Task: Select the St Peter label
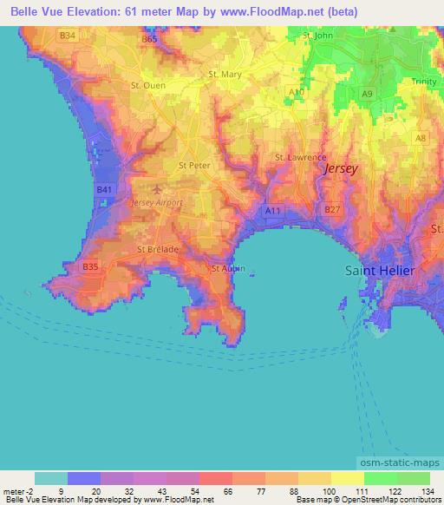194,164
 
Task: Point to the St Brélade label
157,249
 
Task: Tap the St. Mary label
225,74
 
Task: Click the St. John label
318,36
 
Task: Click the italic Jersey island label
340,169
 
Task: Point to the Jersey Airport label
154,202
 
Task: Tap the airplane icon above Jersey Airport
156,188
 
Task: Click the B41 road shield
104,189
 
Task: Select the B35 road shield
90,268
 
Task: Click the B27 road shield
330,209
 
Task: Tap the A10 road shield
297,90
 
